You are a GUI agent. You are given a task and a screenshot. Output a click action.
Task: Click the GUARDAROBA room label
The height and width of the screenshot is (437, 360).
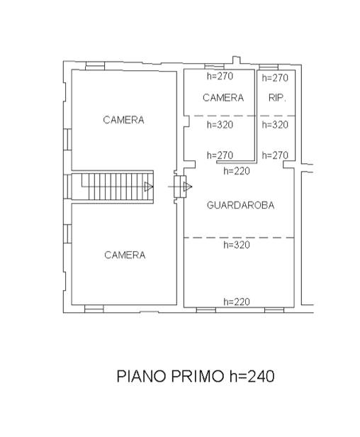click(x=240, y=206)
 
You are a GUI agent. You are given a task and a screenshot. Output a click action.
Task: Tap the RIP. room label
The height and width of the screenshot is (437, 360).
click(x=277, y=98)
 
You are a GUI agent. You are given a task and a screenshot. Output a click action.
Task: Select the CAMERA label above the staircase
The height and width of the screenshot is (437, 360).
click(x=123, y=120)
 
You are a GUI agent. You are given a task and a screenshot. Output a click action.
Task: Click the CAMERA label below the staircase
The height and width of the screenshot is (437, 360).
click(x=125, y=255)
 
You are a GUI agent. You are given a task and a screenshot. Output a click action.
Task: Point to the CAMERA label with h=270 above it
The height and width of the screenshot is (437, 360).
click(x=223, y=98)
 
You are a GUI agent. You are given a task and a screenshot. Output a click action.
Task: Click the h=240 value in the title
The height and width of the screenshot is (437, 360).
click(x=252, y=376)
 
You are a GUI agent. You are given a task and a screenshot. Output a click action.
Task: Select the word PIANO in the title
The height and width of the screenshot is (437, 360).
click(x=142, y=376)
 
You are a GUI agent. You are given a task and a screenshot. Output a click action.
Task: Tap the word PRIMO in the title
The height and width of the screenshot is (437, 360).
click(x=198, y=376)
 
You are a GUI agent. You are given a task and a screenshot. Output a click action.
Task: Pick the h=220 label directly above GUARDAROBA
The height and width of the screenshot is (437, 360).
click(x=237, y=171)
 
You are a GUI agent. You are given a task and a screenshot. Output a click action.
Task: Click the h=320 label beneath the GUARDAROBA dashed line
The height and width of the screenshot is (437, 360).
click(x=237, y=245)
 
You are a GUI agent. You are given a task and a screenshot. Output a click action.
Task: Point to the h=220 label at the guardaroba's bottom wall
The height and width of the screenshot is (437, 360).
click(x=237, y=302)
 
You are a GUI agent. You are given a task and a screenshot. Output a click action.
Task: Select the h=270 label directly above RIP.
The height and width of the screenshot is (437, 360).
click(x=275, y=78)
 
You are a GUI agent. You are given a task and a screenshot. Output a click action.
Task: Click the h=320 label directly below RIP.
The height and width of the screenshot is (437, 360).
click(x=275, y=125)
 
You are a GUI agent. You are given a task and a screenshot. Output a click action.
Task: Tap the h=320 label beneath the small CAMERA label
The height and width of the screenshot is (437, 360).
click(x=220, y=125)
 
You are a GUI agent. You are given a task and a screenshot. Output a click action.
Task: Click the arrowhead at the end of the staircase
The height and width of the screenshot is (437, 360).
click(x=149, y=187)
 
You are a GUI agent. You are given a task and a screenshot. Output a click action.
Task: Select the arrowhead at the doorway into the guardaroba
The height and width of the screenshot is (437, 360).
click(x=188, y=187)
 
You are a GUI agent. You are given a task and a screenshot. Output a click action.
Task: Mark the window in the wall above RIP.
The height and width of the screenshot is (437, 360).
click(x=269, y=67)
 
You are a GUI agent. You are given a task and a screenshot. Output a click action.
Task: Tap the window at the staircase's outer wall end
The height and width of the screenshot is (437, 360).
click(x=67, y=187)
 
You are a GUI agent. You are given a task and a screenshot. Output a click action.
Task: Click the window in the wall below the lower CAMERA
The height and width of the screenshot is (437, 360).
click(x=94, y=309)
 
